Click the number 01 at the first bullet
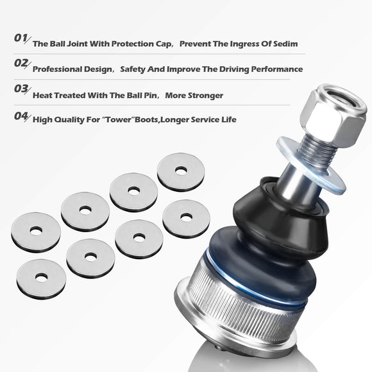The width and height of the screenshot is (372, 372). (x=21, y=38)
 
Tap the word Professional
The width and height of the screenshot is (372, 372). (x=59, y=69)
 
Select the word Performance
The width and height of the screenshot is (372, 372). (x=276, y=69)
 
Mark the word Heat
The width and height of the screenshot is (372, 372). (x=43, y=96)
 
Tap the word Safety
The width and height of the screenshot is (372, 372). (x=135, y=69)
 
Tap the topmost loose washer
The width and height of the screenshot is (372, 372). (x=181, y=171)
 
